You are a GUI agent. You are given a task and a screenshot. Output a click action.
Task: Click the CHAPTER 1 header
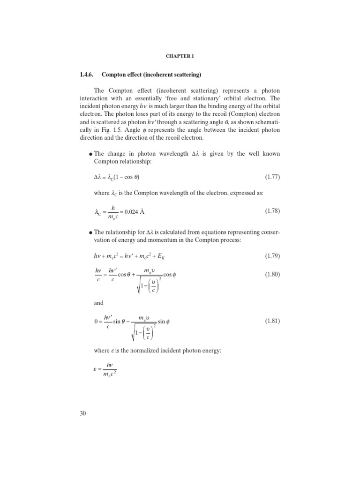pyautogui.click(x=180, y=56)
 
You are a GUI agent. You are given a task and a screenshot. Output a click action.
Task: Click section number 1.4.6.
pyautogui.click(x=90, y=75)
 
